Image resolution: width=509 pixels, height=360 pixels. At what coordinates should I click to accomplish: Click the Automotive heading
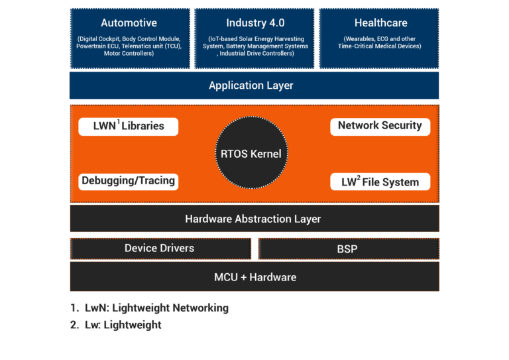129,23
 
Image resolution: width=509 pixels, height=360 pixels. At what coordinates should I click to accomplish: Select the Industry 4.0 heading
255,23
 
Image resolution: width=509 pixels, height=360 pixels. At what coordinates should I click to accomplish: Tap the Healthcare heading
380,23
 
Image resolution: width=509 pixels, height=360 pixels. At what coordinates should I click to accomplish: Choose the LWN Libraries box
128,126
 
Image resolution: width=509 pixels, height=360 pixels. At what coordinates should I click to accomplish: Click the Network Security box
380,126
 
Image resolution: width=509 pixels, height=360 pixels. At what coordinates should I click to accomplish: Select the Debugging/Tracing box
128,181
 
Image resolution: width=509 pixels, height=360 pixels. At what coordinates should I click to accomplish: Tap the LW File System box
380,182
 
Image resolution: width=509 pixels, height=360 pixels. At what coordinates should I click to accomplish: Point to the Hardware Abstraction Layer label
253,219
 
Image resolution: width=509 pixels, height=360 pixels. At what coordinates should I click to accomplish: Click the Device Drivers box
160,249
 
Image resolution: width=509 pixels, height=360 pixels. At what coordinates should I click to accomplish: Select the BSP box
348,249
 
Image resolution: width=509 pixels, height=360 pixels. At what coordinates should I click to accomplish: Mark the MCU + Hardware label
255,276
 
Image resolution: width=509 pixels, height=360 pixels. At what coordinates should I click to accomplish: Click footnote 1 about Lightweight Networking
150,308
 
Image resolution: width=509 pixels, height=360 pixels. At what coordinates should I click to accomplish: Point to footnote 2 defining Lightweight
117,326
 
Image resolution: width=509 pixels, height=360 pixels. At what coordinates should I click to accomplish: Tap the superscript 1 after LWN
117,122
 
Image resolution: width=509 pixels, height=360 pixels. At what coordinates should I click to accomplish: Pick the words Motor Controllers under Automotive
129,54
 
